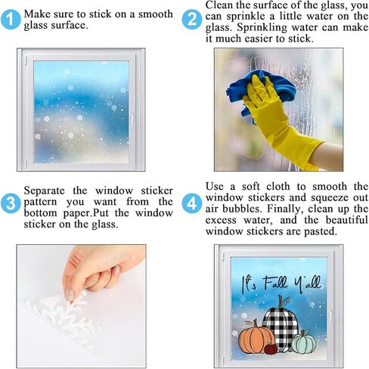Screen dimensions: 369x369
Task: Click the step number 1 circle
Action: pyautogui.click(x=11, y=20)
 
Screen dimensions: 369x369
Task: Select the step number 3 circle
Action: pyautogui.click(x=11, y=202)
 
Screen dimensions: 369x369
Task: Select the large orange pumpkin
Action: pyautogui.click(x=255, y=337)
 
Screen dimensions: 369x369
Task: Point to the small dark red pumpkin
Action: pyautogui.click(x=270, y=349)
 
